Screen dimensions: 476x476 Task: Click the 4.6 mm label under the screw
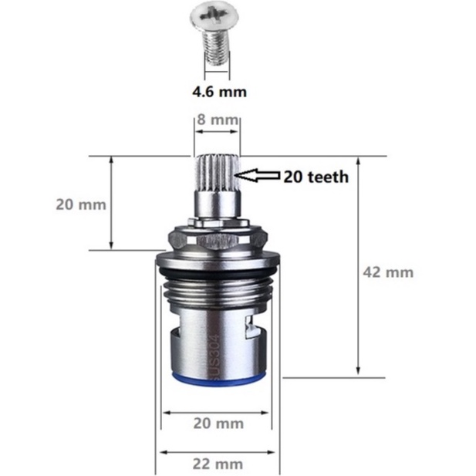219,92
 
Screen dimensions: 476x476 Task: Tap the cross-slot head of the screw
214,17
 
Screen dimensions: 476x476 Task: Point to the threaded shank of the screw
216,48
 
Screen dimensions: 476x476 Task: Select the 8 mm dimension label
218,120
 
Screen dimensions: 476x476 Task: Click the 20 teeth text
316,177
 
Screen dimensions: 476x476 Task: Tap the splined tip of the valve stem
217,173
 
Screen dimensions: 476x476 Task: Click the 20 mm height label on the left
81,204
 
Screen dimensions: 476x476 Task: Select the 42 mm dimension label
388,272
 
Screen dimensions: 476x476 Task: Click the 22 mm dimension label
218,464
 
